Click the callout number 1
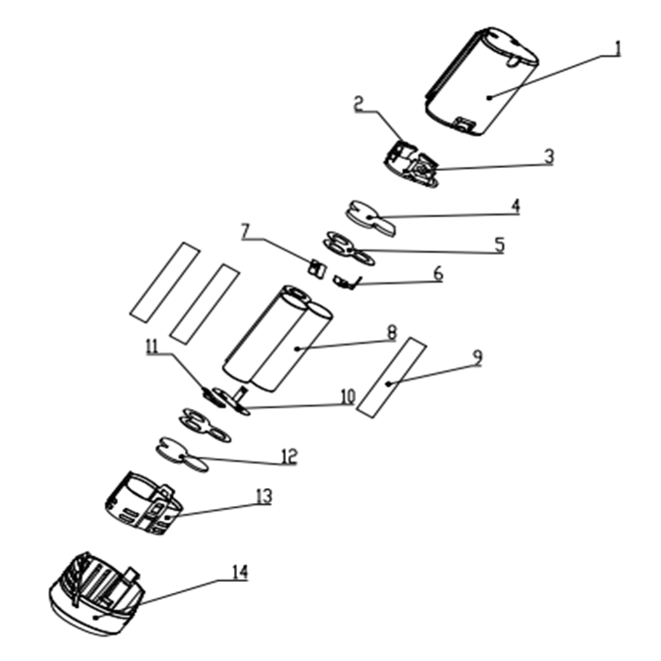(x=618, y=48)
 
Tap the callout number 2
(x=358, y=103)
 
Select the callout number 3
(x=549, y=157)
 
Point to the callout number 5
(x=500, y=245)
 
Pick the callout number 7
(x=246, y=231)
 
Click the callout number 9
(x=477, y=358)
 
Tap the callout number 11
(x=152, y=347)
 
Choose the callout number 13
(x=264, y=497)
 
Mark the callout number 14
(x=240, y=572)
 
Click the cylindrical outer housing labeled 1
(x=482, y=81)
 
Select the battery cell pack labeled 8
(x=278, y=340)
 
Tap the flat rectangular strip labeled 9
(x=391, y=378)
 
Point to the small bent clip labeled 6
(x=347, y=282)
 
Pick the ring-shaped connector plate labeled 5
(x=348, y=248)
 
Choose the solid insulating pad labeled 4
(x=371, y=218)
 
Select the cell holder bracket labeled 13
(x=144, y=503)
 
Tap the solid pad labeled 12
(x=182, y=455)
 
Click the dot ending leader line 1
(x=488, y=98)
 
